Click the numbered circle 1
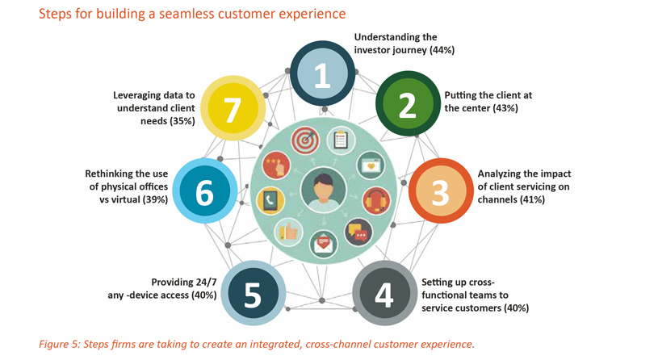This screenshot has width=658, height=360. click(x=322, y=73)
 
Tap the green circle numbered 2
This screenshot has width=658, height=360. click(x=408, y=103)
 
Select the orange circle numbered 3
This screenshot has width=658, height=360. click(x=441, y=190)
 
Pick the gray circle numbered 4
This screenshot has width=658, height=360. click(x=385, y=293)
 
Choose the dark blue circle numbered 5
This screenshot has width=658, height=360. click(x=254, y=293)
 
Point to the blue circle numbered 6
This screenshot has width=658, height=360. click(x=205, y=190)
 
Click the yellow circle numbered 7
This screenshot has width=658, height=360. click(x=233, y=108)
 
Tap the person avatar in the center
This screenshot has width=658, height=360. click(x=324, y=190)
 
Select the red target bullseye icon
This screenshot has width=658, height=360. click(x=305, y=140)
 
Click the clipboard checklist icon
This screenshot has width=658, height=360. click(x=341, y=140)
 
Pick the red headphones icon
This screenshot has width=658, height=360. click(x=376, y=200)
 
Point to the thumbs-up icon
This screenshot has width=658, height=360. click(x=289, y=232)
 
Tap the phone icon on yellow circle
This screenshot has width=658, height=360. click(x=270, y=200)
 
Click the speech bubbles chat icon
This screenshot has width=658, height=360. click(x=358, y=232)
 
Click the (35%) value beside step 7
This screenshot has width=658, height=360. click(x=182, y=121)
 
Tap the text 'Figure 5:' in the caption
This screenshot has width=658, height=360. click(x=60, y=345)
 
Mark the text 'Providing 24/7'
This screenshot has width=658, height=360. click(x=184, y=282)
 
